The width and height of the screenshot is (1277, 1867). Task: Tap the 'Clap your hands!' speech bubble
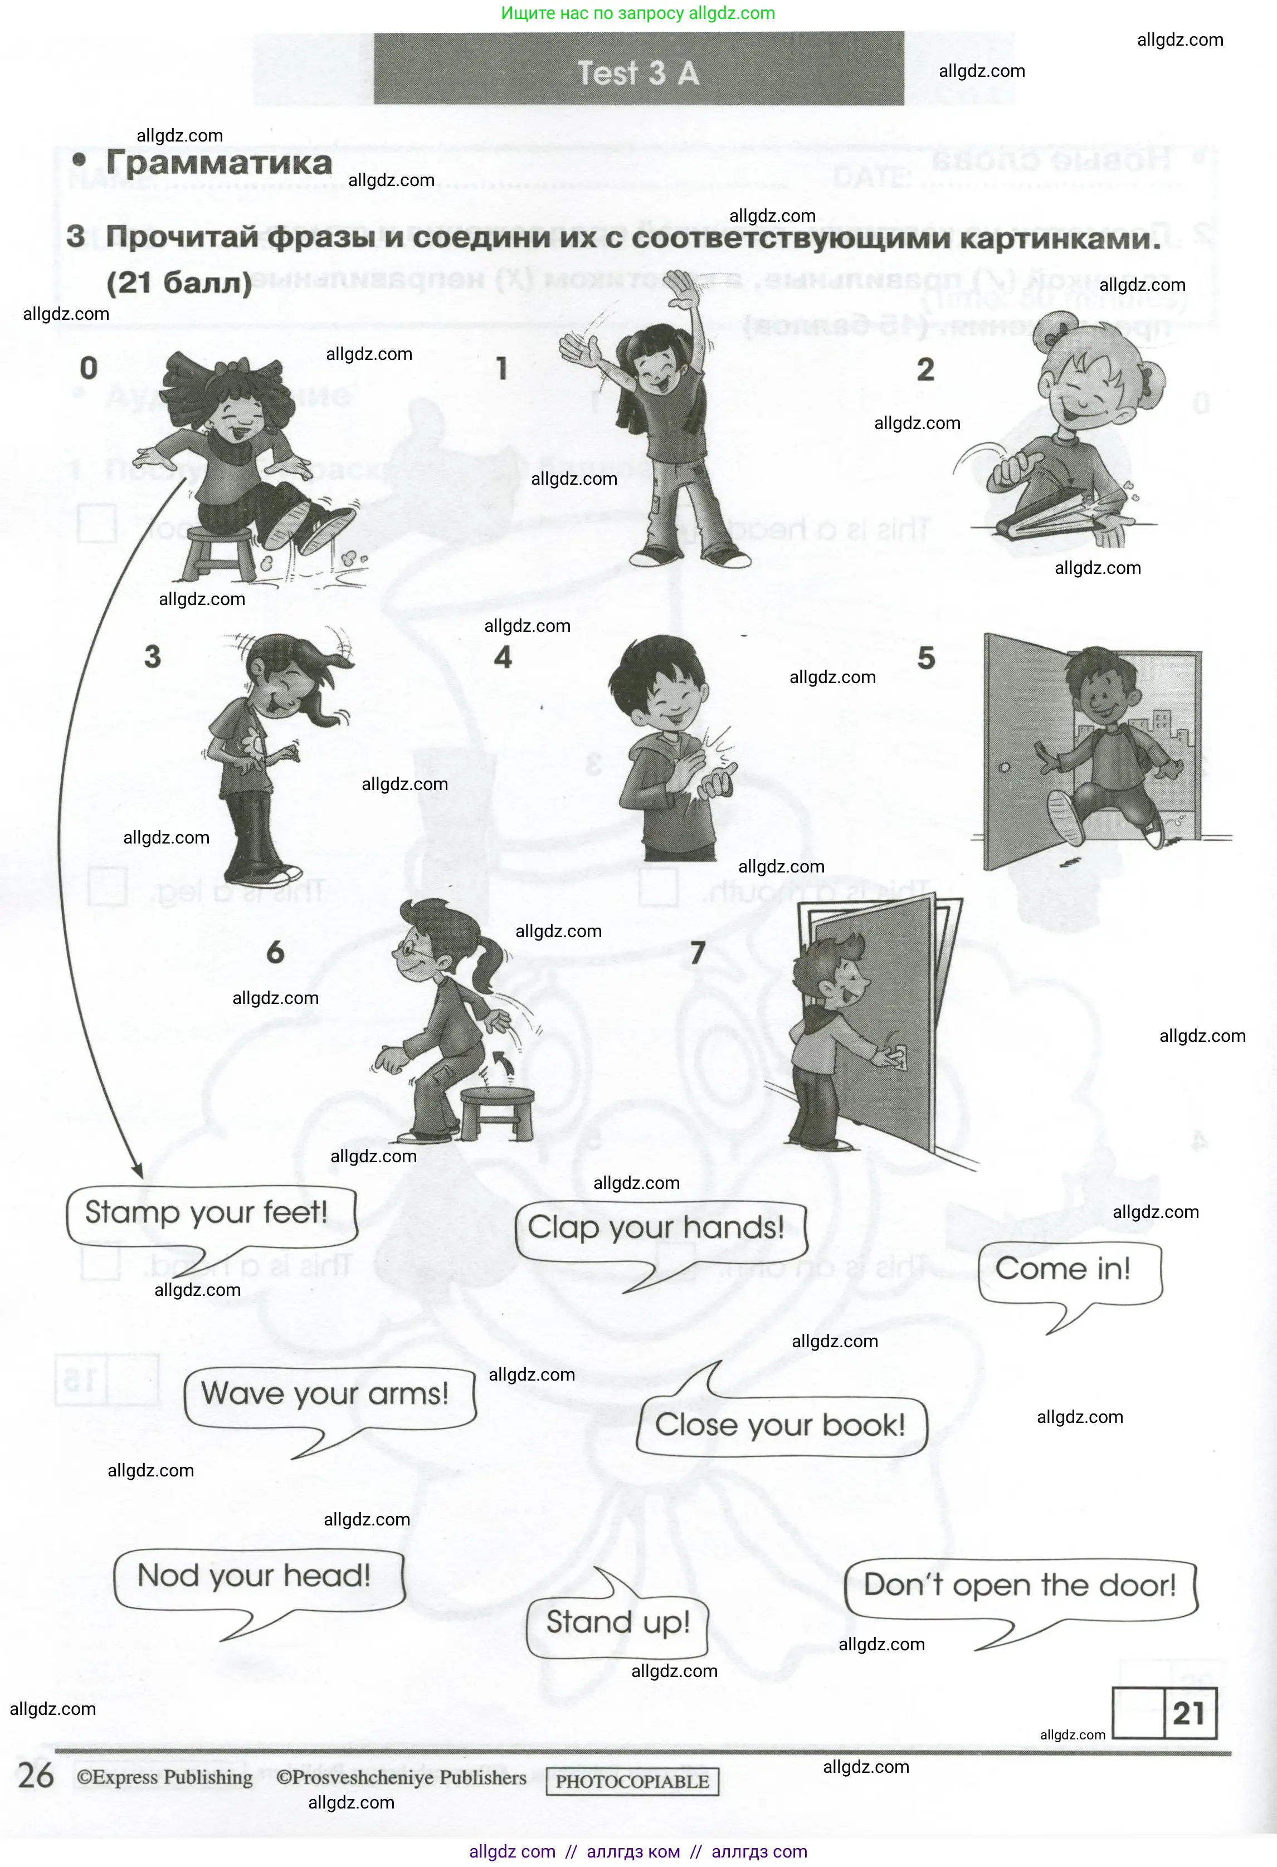656,1229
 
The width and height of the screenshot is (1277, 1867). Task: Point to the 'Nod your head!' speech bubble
255,1576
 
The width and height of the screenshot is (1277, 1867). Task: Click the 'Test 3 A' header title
638,73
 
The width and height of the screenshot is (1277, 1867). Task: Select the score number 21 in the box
1188,1714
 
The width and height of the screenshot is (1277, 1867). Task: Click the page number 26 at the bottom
36,1776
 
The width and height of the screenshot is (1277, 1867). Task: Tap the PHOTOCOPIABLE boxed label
632,1781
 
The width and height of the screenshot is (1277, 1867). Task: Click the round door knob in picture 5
1004,767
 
